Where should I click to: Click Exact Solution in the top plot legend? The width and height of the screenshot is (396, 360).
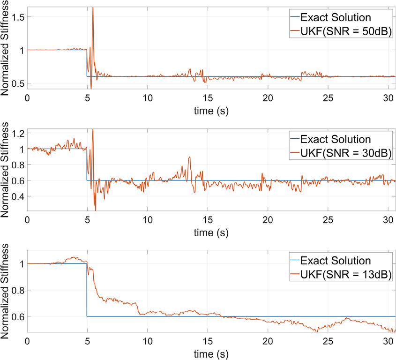click(336, 18)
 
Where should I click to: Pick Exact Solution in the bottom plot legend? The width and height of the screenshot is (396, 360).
click(336, 261)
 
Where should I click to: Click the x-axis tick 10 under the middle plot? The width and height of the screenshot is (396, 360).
click(147, 220)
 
